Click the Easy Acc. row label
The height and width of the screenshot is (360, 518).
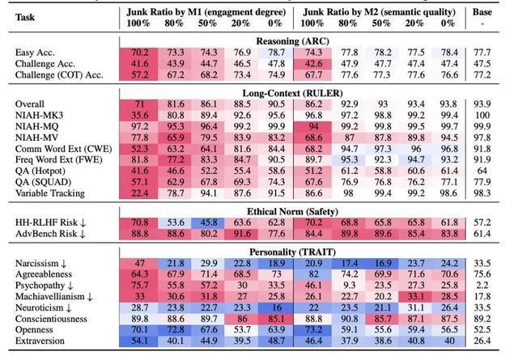(x=36, y=52)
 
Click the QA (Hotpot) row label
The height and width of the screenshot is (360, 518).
(x=42, y=172)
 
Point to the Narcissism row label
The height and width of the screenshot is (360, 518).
(x=45, y=264)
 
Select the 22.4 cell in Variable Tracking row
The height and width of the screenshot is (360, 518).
(x=138, y=193)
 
